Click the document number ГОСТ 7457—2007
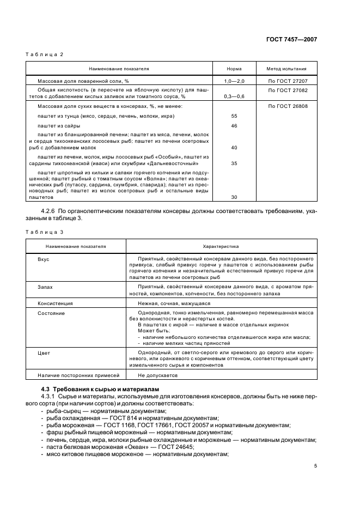click(x=293, y=40)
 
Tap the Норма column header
click(x=234, y=69)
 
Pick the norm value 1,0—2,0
click(x=234, y=81)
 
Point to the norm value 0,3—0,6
click(x=234, y=96)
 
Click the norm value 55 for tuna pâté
click(x=234, y=116)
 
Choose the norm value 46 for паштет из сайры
click(x=234, y=126)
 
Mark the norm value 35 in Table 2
click(x=234, y=163)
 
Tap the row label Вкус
click(x=44, y=259)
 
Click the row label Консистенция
click(x=55, y=303)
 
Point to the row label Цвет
click(x=44, y=353)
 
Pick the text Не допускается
click(x=158, y=375)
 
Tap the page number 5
click(x=315, y=466)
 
